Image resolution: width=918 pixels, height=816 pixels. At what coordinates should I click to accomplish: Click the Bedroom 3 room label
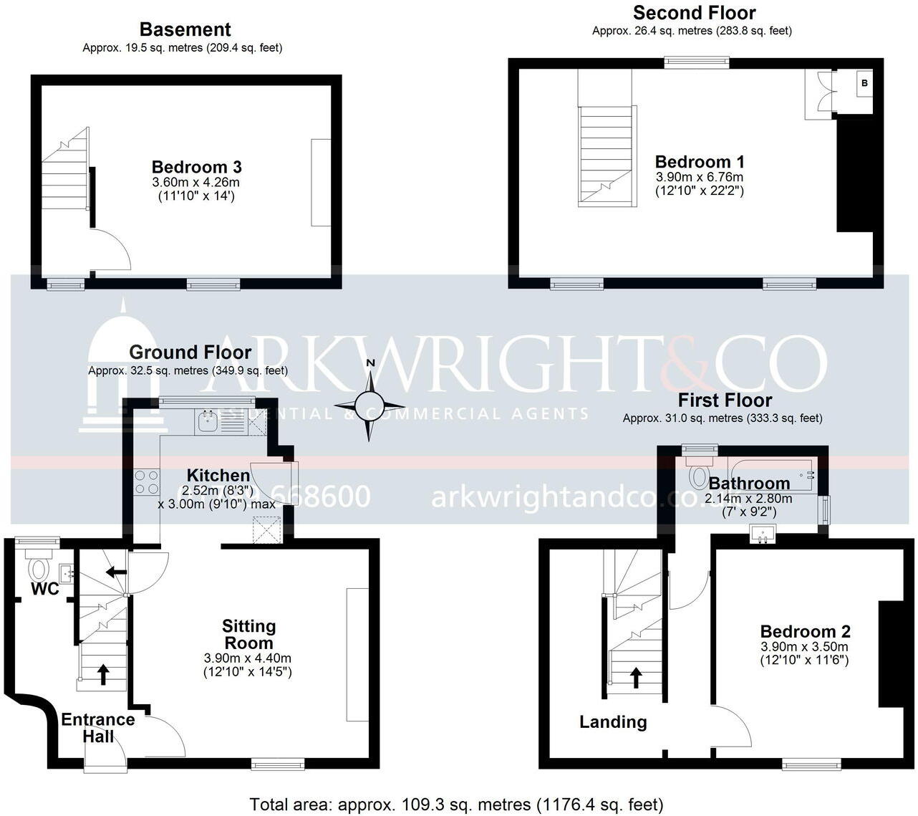coord(196,167)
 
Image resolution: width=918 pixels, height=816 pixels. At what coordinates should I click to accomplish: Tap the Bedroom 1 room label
coord(700,161)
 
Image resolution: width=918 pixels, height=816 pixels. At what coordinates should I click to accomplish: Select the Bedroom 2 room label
coord(805,631)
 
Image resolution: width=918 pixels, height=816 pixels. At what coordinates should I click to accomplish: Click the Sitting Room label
coord(248,634)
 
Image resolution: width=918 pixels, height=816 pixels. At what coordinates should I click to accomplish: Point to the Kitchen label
coord(218,475)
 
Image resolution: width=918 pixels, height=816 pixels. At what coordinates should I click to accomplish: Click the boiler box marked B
coord(864,83)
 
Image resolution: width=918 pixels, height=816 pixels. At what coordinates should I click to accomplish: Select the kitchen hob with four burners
coord(146,481)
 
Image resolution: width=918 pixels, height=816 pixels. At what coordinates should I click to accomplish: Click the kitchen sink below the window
coord(208,422)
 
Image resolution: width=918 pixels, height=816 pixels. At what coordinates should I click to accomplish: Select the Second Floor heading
coord(694,12)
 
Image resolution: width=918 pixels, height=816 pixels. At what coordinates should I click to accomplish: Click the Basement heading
coord(185,29)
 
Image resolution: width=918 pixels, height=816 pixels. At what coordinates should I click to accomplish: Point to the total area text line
coord(456,805)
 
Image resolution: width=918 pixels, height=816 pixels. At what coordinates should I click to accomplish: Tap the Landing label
coord(613,722)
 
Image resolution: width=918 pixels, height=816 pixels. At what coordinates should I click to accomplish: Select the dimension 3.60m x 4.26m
coord(196,183)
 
